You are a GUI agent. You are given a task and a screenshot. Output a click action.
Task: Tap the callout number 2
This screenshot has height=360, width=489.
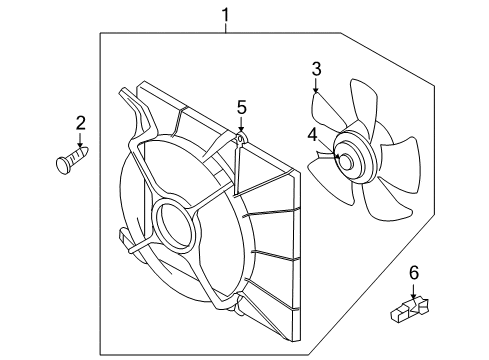81,123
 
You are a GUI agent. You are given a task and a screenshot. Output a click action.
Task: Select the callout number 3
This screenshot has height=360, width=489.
316,68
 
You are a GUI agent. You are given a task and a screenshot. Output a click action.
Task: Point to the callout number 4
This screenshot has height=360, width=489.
312,134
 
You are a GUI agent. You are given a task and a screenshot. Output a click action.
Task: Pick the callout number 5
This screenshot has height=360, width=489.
241,106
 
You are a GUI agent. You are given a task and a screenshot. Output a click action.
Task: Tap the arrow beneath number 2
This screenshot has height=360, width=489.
81,141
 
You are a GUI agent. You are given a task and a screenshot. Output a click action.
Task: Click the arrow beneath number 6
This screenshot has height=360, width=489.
413,291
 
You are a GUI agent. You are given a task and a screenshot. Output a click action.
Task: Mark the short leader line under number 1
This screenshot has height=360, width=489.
226,28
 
